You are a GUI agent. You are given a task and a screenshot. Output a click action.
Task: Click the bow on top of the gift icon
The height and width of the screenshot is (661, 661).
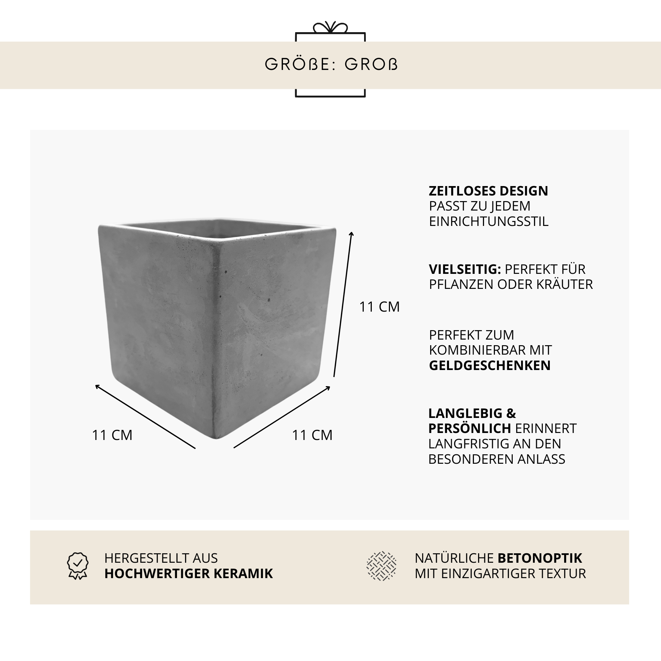[x=330, y=27]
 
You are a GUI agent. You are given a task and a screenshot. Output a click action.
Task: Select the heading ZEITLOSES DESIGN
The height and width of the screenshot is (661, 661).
[x=488, y=191]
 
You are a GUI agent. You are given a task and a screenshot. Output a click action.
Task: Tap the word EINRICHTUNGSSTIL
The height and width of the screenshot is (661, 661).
[x=489, y=221]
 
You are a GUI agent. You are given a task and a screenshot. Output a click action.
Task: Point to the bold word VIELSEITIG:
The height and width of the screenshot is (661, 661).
[x=465, y=269]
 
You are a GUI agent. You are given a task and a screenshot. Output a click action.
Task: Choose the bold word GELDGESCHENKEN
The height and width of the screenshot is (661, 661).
[x=490, y=365]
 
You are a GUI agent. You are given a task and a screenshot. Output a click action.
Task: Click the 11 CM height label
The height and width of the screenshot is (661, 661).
[x=379, y=307]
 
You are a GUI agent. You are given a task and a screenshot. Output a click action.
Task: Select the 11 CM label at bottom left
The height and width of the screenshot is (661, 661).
[x=112, y=435]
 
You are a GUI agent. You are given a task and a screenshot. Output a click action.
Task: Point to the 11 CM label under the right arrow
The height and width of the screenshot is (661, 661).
[x=312, y=435]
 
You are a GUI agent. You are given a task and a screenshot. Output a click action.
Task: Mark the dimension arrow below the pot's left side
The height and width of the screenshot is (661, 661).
[x=145, y=416]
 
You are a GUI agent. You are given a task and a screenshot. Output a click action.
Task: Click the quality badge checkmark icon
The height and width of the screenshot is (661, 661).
[x=78, y=566]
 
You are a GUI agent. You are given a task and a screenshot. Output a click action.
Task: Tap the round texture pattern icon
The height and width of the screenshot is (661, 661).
[x=381, y=566]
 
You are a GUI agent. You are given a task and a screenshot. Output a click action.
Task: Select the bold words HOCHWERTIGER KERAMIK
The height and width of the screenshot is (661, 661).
[x=189, y=574]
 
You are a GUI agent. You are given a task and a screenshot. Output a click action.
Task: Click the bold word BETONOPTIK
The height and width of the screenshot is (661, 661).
[x=540, y=558]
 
